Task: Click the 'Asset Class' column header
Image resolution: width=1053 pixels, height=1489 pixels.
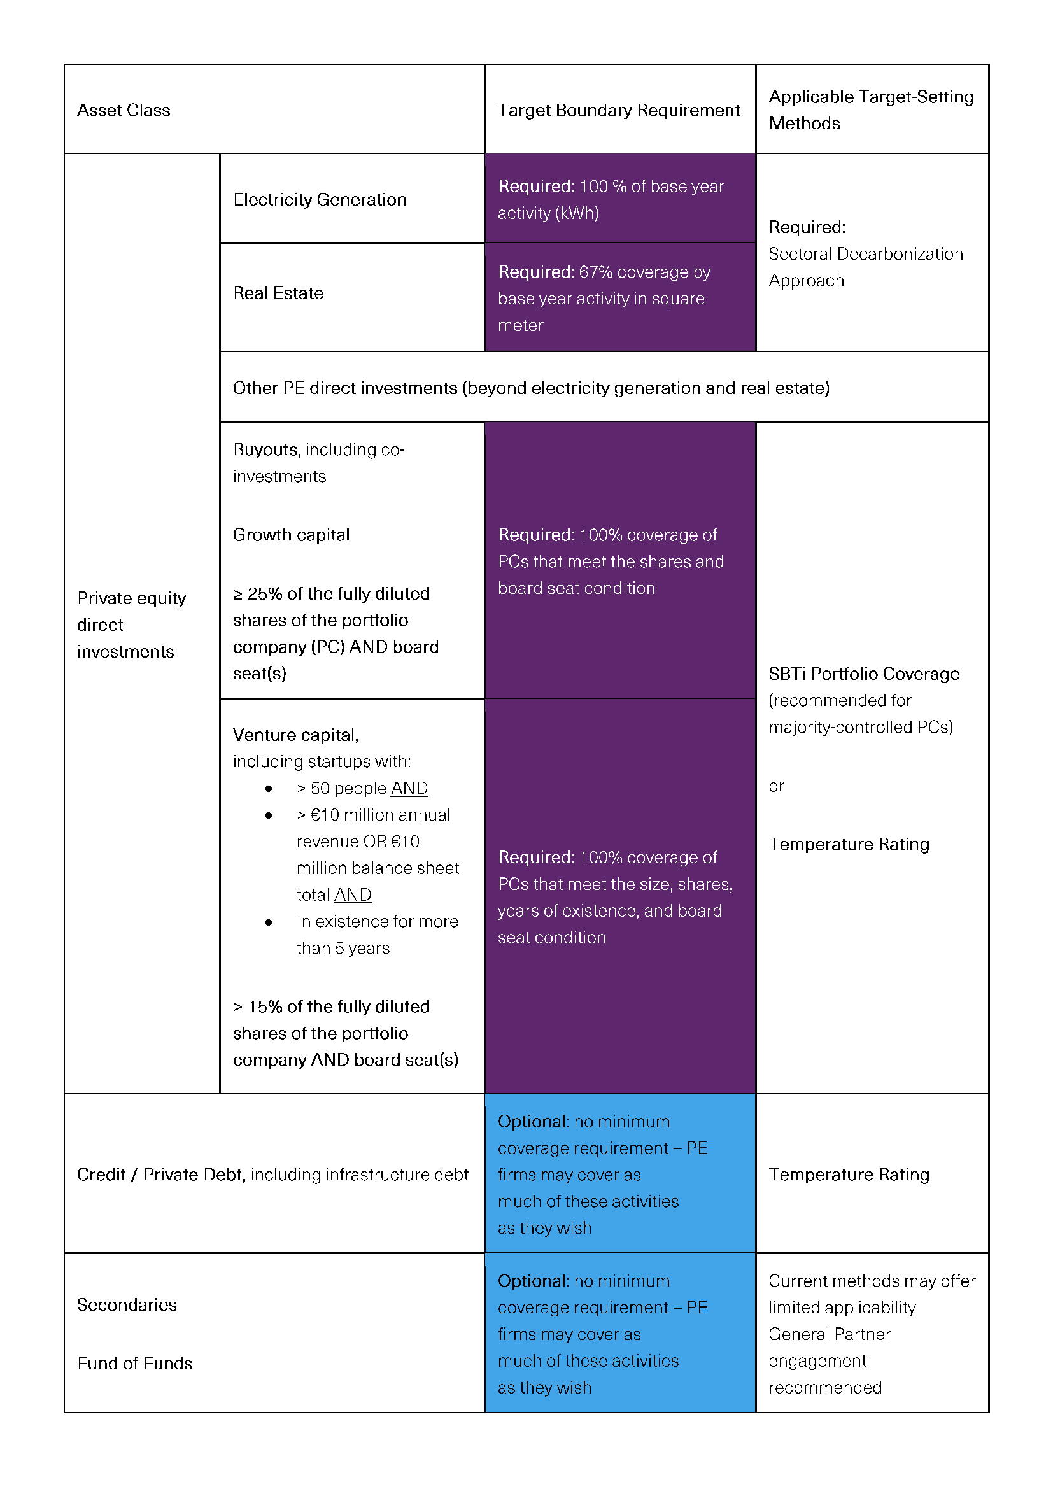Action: pos(124,110)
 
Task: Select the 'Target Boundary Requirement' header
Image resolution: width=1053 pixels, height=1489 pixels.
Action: pos(618,110)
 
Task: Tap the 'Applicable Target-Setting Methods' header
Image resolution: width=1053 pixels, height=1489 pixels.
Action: pos(870,109)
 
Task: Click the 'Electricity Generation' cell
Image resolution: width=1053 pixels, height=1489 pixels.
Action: pos(319,199)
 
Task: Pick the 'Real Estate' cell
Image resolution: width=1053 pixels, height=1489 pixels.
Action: pos(278,293)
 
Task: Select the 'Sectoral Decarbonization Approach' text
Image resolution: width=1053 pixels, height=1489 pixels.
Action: pos(865,267)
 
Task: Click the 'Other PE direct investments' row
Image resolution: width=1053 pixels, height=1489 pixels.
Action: pos(530,388)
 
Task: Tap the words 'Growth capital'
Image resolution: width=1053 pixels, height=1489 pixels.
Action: pos(291,534)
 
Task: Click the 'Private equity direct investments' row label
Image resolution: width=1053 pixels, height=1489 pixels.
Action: pos(131,624)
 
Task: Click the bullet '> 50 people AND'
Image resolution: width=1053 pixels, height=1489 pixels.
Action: pos(362,788)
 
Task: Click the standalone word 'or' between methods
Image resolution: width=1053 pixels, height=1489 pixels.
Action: pos(776,786)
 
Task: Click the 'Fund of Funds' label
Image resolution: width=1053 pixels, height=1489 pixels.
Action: pos(135,1363)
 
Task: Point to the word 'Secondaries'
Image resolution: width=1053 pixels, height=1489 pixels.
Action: pos(127,1305)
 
